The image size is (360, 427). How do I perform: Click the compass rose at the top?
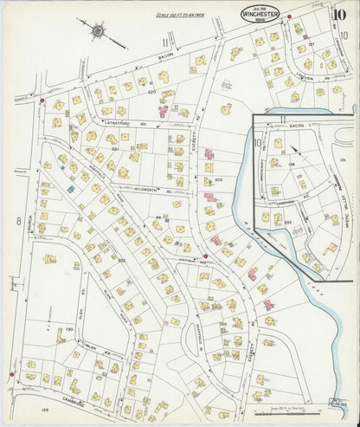tap(98, 32)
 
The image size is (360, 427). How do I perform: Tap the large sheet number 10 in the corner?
tap(340, 14)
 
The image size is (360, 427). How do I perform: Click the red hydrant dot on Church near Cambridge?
tap(10, 374)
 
